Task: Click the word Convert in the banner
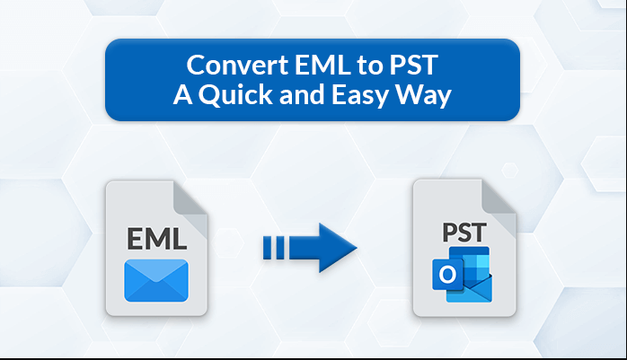tap(237, 66)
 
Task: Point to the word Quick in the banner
tap(235, 96)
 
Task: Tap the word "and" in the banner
tap(302, 95)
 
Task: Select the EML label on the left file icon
tap(156, 239)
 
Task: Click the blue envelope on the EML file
tap(156, 280)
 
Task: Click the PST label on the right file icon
tap(464, 233)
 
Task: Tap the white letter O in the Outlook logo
tap(447, 275)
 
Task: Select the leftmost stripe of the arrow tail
tap(267, 248)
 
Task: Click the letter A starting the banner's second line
tap(182, 95)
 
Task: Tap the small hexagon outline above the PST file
tap(510, 171)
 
